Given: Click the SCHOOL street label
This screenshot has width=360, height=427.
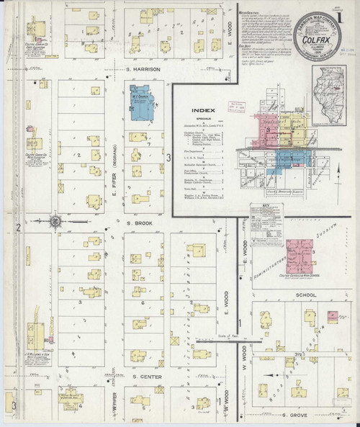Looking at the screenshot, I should [294, 295].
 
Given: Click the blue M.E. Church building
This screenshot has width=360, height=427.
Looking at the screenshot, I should [141, 102].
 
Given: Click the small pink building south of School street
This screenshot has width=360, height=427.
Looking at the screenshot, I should [332, 315].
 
